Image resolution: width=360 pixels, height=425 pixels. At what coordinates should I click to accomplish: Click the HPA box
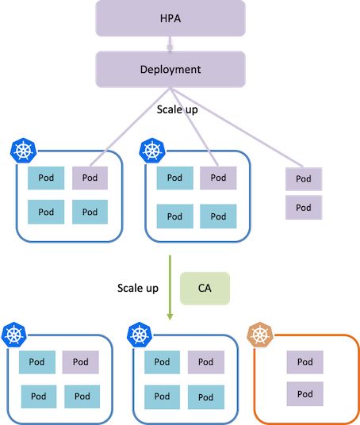tap(170, 18)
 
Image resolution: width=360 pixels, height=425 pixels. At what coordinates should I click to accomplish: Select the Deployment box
tap(170, 69)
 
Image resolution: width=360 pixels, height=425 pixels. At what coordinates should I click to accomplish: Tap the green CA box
tap(205, 289)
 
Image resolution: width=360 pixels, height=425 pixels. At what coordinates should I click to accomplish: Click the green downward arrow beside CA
tap(170, 288)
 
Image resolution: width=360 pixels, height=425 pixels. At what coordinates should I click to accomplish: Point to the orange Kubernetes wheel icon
tap(260, 335)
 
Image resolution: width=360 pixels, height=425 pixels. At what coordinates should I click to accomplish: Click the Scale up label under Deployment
tap(178, 109)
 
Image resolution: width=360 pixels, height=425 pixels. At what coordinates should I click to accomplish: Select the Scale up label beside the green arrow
tap(138, 288)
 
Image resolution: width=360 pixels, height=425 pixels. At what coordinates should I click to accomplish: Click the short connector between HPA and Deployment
tap(170, 44)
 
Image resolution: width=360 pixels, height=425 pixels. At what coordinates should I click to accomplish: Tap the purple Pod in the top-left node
tap(90, 178)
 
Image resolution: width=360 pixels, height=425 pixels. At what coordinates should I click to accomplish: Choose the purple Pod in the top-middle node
tap(218, 178)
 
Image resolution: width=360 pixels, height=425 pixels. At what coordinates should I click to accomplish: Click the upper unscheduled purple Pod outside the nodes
tap(304, 179)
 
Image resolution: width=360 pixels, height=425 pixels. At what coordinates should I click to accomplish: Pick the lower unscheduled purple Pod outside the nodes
tap(304, 208)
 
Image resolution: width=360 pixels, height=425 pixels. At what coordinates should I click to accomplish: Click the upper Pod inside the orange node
tap(305, 362)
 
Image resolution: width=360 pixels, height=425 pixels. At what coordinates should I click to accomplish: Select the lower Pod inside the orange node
tap(305, 394)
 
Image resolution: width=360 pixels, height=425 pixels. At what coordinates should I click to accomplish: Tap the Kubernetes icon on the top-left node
tap(23, 151)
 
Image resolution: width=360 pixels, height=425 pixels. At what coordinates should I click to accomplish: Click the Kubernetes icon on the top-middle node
tap(152, 151)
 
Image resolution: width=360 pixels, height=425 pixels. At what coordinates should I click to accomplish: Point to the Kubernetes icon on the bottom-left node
tap(14, 335)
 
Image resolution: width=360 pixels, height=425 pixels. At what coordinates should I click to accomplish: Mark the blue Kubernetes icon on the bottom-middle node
tap(140, 335)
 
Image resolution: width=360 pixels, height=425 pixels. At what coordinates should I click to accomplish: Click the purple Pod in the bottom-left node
tap(81, 362)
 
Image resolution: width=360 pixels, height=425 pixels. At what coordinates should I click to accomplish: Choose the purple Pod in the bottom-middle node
tap(206, 362)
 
